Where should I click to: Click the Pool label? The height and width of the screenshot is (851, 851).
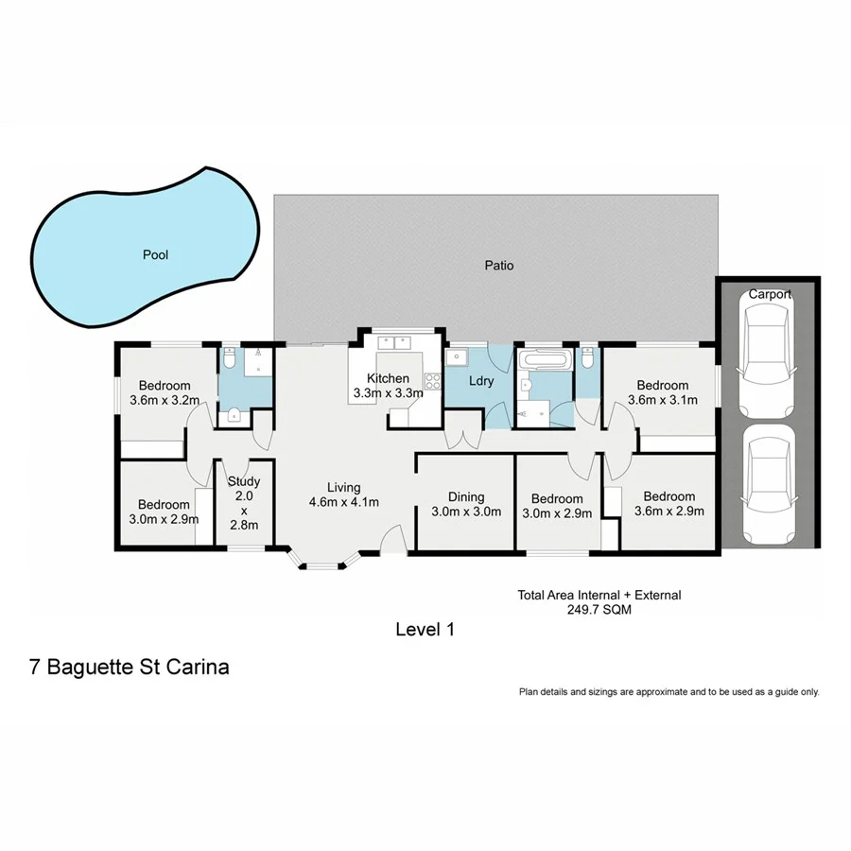tap(155, 254)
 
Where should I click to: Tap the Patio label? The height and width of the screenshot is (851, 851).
tap(499, 266)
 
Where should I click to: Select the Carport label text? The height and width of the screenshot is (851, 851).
tap(770, 294)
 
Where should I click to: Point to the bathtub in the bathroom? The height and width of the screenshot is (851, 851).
tap(545, 360)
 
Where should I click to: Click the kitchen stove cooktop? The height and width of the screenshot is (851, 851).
tap(433, 381)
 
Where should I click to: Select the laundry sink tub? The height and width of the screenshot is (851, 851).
tap(457, 358)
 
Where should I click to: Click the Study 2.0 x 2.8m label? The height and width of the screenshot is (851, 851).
tap(244, 504)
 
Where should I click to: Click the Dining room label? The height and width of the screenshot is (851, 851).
tap(465, 497)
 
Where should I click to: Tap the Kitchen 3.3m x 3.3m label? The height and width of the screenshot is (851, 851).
tap(388, 385)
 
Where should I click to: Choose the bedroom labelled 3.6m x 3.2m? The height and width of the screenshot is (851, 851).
tap(165, 392)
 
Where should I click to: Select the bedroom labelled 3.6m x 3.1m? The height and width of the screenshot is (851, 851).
tap(662, 392)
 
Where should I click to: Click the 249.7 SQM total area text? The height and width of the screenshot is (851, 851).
tap(599, 610)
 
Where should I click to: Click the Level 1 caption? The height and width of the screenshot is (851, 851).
tap(425, 629)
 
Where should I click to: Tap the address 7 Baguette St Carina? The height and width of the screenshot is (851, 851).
tap(130, 667)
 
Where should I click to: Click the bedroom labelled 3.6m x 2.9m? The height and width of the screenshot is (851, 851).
tap(669, 503)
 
